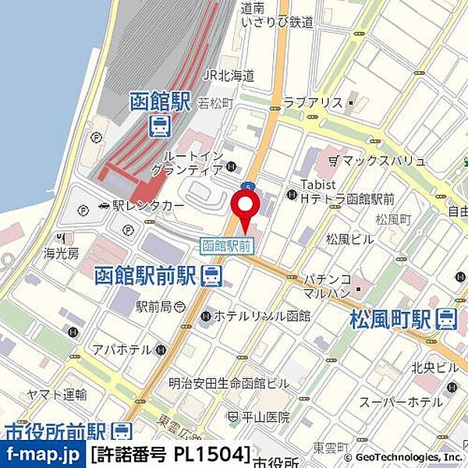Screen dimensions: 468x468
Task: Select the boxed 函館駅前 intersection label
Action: [x=227, y=245]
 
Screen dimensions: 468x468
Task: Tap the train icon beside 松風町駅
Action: [x=447, y=318]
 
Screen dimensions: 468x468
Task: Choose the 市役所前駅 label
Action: [x=55, y=432]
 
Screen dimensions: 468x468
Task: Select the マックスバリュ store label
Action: [x=383, y=161]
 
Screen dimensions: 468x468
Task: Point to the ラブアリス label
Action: [x=314, y=102]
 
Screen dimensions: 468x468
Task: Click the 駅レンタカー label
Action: [x=148, y=205]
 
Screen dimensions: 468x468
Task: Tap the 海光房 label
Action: [x=62, y=253]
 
